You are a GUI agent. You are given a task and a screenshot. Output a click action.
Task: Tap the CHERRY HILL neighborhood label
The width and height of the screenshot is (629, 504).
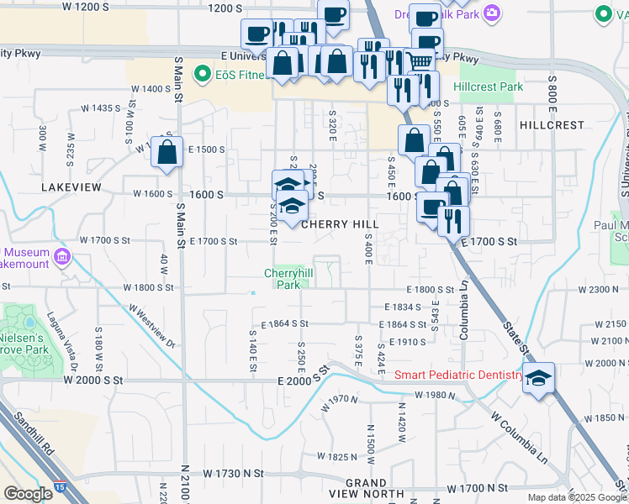pyautogui.click(x=340, y=224)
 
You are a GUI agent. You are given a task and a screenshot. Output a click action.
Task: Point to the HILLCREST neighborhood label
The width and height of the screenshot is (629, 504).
pyautogui.click(x=552, y=125)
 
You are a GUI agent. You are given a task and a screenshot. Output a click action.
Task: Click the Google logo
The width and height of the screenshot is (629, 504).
pyautogui.click(x=28, y=493)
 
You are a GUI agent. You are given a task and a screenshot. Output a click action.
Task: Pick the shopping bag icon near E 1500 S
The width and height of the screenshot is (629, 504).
pyautogui.click(x=167, y=153)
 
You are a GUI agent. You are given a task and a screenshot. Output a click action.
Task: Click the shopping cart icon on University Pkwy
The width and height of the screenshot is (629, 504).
pyautogui.click(x=419, y=60)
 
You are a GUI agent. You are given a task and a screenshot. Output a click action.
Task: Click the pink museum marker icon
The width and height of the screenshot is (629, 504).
pyautogui.click(x=61, y=255)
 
